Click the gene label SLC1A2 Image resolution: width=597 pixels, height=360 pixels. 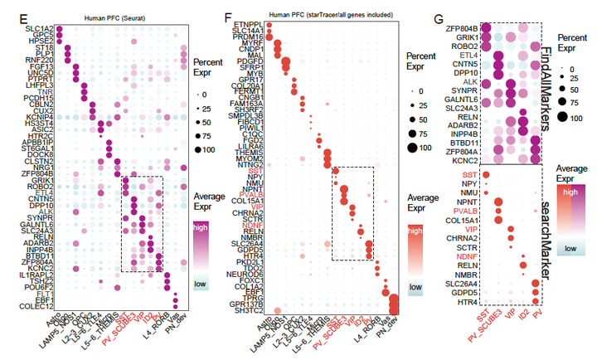(x=30, y=29)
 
